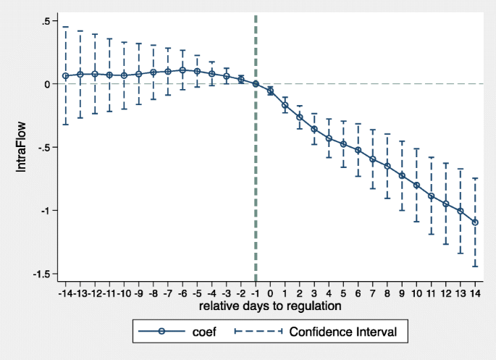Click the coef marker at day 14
pyautogui.click(x=475, y=222)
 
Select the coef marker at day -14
pyautogui.click(x=65, y=76)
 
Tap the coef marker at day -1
pyautogui.click(x=256, y=84)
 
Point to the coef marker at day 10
pyautogui.click(x=416, y=185)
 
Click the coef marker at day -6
pyautogui.click(x=182, y=70)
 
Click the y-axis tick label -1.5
pyautogui.click(x=40, y=274)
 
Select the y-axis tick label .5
pyautogui.click(x=45, y=21)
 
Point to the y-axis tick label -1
pyautogui.click(x=43, y=211)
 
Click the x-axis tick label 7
pyautogui.click(x=373, y=293)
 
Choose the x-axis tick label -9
pyautogui.click(x=138, y=293)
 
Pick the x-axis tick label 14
pyautogui.click(x=475, y=293)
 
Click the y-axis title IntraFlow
pyautogui.click(x=22, y=147)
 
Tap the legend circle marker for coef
pyautogui.click(x=161, y=332)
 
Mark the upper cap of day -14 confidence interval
pyautogui.click(x=65, y=27)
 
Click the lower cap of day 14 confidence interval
pyautogui.click(x=475, y=267)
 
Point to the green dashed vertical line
pyautogui.click(x=256, y=181)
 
